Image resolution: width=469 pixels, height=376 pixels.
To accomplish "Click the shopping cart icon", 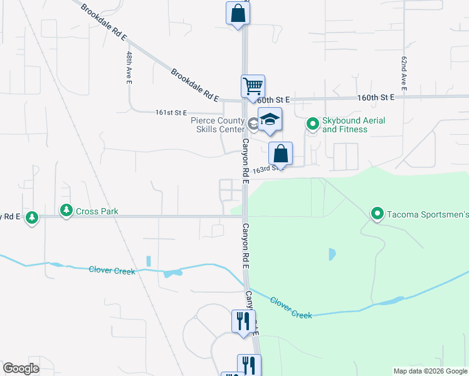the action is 253,86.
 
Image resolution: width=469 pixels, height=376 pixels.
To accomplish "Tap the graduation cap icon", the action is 270,120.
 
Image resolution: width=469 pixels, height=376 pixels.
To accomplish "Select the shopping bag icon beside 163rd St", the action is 281,154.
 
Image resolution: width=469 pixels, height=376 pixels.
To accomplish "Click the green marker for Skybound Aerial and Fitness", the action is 312,125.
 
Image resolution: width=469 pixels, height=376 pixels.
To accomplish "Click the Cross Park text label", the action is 97,212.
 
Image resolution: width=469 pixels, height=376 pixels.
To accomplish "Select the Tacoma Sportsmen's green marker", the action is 377,214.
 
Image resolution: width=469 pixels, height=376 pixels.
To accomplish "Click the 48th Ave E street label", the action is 128,68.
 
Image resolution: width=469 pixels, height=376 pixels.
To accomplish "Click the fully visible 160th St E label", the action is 376,98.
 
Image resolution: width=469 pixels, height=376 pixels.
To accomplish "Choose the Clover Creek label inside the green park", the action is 291,308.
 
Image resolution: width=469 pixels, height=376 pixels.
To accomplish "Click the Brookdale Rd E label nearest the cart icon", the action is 195,85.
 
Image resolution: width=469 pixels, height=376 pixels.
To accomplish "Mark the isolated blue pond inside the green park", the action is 331,254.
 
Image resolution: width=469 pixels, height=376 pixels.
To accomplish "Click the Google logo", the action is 21,368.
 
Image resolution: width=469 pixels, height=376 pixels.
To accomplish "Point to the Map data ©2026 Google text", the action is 429,371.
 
